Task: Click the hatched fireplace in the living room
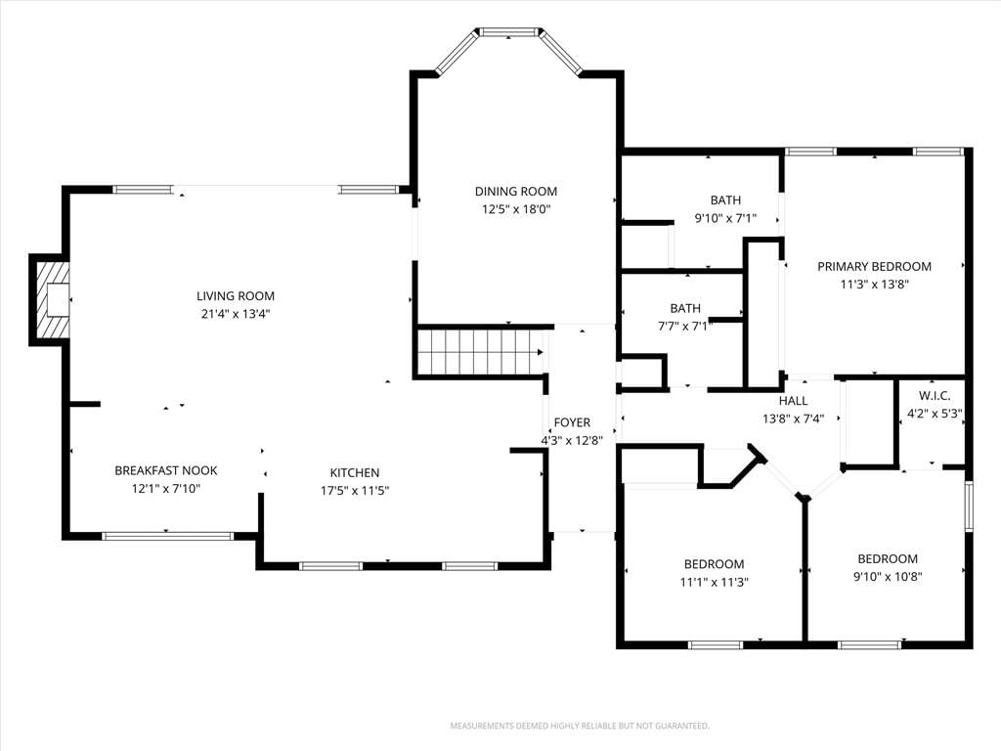point(51,299)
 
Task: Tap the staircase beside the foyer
point(481,352)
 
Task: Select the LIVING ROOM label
point(236,295)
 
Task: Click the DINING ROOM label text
point(516,191)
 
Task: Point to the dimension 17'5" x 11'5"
point(355,491)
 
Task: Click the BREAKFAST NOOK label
point(166,470)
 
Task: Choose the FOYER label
point(572,422)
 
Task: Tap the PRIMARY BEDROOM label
point(875,266)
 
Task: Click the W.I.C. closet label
point(935,395)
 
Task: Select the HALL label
point(794,400)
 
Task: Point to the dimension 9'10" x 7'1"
point(726,218)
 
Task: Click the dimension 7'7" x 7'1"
point(685,327)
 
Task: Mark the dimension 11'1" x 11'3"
point(715,582)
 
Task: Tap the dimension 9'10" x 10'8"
point(888,577)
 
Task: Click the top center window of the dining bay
point(508,32)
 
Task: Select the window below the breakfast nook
point(168,536)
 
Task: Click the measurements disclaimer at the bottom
point(580,727)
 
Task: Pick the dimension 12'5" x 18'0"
point(516,209)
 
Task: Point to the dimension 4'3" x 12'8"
point(572,440)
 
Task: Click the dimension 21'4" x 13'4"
point(236,314)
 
